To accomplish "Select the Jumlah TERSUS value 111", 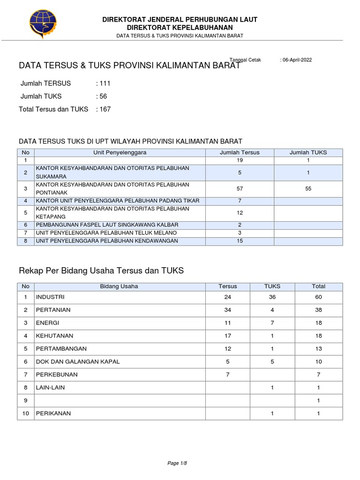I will [104, 83].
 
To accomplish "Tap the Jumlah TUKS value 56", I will [103, 96].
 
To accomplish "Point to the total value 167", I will [104, 109].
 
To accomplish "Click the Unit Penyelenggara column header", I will [120, 152].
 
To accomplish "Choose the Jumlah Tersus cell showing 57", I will [240, 188].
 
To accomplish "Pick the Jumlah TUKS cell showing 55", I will [308, 188].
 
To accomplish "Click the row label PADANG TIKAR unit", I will [118, 201].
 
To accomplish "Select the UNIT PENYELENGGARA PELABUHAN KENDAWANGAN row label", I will [107, 241].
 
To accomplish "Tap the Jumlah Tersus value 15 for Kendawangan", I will [240, 241].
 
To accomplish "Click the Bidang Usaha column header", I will [119, 286].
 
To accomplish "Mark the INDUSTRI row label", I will [50, 297].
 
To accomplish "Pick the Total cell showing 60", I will [318, 297].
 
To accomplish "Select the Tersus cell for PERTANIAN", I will [228, 310].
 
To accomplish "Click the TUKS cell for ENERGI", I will [272, 323].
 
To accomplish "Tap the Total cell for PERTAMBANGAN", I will [318, 349].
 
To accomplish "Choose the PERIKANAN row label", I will [54, 413].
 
